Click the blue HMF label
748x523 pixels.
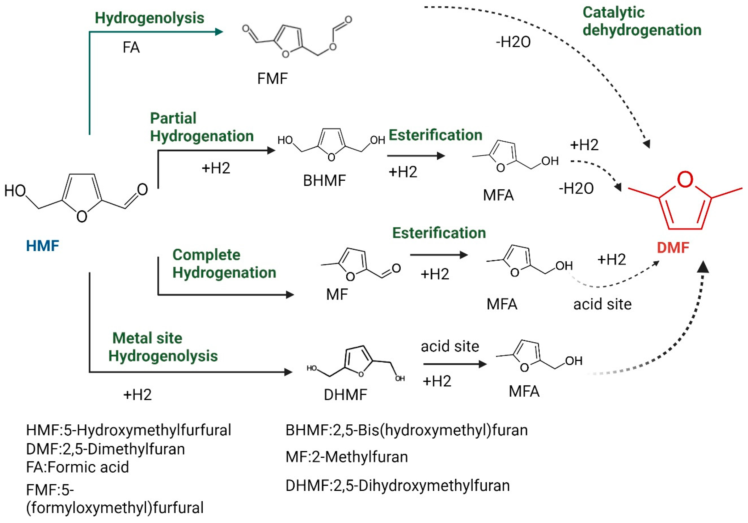tap(42, 246)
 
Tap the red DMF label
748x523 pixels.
tap(673, 248)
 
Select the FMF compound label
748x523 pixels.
tap(272, 79)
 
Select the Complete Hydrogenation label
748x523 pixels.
tap(224, 264)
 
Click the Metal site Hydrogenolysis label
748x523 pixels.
tap(163, 347)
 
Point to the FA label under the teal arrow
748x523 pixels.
tap(131, 48)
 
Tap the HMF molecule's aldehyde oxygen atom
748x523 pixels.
tap(142, 189)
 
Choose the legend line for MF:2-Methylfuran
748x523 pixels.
tap(347, 457)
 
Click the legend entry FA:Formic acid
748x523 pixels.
tap(78, 467)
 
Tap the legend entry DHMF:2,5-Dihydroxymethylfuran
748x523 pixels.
tap(397, 486)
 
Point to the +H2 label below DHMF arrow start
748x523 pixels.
tap(138, 395)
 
